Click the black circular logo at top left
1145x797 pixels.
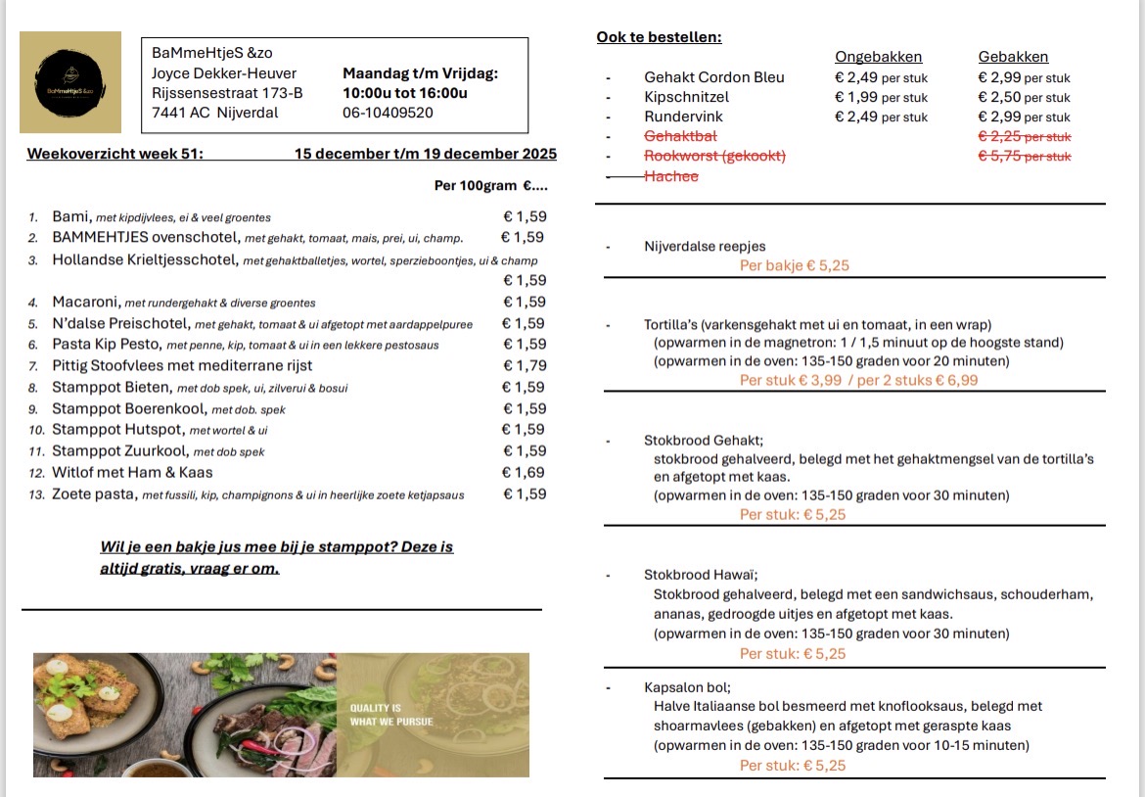70,82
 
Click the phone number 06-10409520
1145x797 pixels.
388,113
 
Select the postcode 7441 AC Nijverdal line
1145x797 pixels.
214,113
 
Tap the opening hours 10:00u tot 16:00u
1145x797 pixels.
405,93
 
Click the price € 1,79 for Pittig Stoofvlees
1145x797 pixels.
525,366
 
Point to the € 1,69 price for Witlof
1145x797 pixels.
525,473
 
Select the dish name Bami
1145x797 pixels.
70,216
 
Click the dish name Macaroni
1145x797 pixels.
85,303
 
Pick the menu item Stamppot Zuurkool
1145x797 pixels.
120,451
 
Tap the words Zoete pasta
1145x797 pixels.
94,494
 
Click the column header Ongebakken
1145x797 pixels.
878,57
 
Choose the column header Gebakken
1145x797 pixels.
1013,57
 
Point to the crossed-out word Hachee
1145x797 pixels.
671,176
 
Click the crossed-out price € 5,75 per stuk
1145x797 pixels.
1025,156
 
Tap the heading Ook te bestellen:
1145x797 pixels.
659,37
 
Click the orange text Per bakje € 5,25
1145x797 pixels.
794,265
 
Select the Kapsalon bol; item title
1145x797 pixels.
687,687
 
